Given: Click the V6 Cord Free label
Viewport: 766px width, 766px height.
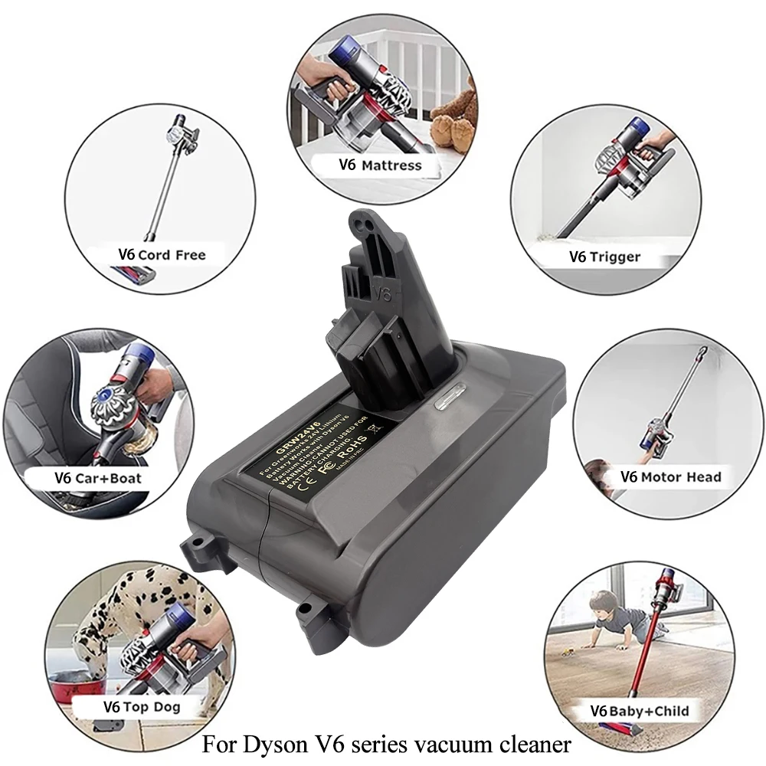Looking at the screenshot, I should [162, 254].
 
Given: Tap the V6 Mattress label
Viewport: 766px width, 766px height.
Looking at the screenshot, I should [381, 164].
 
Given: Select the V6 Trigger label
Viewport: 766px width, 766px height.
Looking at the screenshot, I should [604, 256].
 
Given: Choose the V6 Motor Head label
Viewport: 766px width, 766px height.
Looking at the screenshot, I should [670, 476].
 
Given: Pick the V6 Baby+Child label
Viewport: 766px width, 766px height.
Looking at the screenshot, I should [640, 711].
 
